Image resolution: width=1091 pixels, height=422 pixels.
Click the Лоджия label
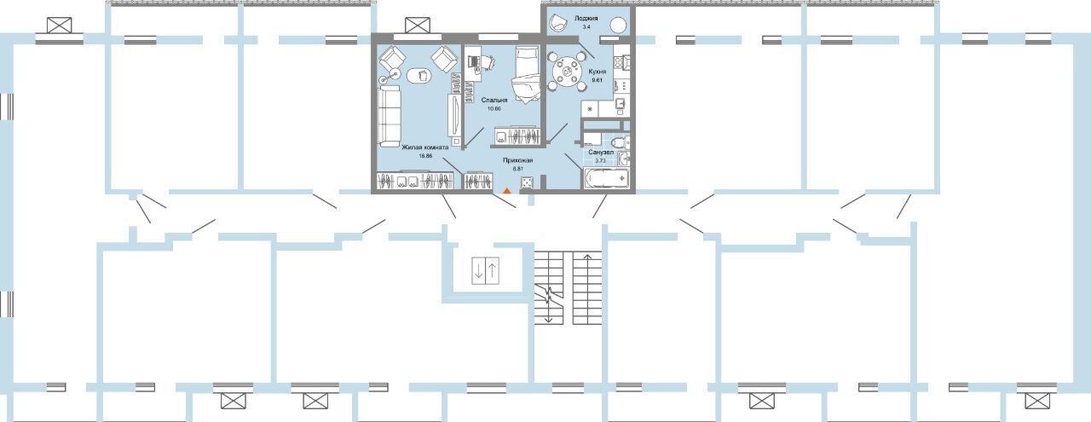pos(586,19)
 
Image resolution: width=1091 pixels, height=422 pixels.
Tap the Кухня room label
pos(597,72)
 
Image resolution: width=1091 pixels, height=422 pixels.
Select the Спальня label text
pos(494,100)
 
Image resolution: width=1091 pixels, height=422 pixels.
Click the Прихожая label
pos(517,159)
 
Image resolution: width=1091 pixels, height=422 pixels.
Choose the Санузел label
pos(601,152)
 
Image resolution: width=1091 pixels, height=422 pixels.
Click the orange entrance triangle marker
pos(507,190)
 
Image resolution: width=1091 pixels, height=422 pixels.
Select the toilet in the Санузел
pos(620,142)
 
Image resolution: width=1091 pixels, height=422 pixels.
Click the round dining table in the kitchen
pos(566,72)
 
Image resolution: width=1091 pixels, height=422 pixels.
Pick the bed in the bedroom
pos(526,75)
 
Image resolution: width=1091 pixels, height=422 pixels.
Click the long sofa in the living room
pos(389,116)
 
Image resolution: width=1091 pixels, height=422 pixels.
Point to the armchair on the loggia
pos(557,22)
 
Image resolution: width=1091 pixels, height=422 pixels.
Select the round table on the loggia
pos(619,25)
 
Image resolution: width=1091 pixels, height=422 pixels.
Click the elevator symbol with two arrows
pos(486,270)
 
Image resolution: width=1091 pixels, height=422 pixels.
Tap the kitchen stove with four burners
pos(622,62)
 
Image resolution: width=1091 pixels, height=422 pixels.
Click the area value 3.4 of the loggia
pos(586,27)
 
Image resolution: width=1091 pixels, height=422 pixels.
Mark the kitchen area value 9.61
pos(597,80)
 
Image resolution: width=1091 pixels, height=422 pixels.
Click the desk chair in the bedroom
pos(488,62)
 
